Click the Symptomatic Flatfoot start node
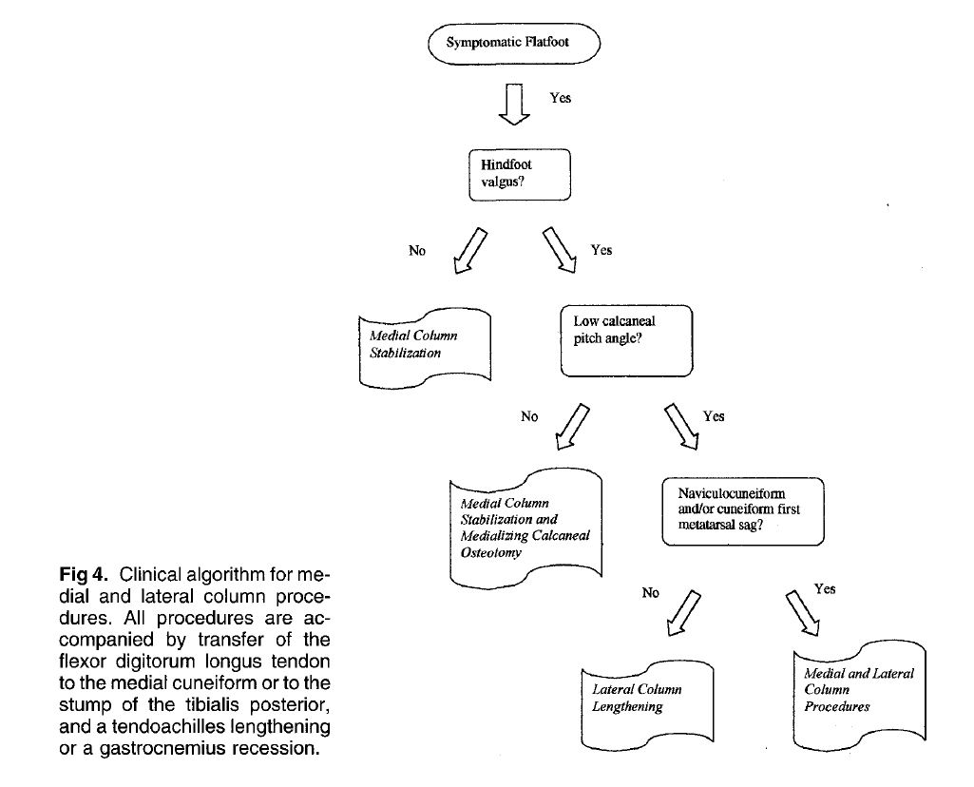click(x=514, y=44)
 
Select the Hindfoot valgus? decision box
click(x=520, y=174)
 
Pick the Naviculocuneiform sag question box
click(x=742, y=509)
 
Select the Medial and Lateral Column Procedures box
click(x=858, y=689)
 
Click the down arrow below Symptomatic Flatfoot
click(x=514, y=104)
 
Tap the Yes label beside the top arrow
click(x=561, y=98)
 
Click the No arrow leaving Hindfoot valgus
click(x=471, y=251)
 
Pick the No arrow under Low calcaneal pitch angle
click(x=573, y=427)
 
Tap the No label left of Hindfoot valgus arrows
click(x=417, y=251)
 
